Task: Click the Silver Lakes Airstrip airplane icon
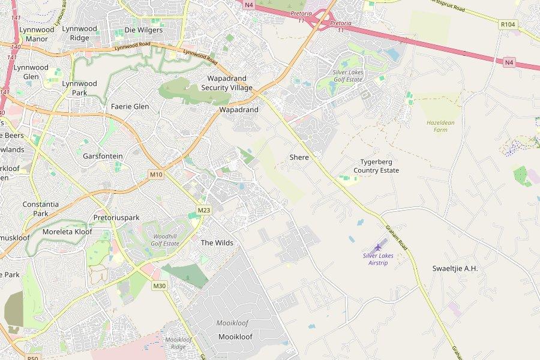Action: (x=378, y=247)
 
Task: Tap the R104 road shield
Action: (x=507, y=25)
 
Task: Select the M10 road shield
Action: (x=156, y=175)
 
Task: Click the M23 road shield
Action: (x=204, y=210)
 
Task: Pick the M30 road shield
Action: (x=159, y=286)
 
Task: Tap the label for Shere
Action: (x=299, y=157)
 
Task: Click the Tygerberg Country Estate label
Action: (x=376, y=166)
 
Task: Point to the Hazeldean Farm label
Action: (x=440, y=126)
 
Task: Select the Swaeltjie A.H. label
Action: (x=455, y=268)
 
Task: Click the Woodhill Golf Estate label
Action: (x=165, y=240)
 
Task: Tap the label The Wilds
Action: (x=217, y=243)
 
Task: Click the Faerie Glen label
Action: (x=130, y=107)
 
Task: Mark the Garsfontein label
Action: (x=103, y=156)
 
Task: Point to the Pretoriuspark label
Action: (x=116, y=217)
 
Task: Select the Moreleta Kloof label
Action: (x=67, y=232)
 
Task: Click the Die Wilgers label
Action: (x=143, y=30)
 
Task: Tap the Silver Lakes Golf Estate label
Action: (x=348, y=76)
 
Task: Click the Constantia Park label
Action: (x=41, y=208)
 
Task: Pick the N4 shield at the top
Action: (x=248, y=4)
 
